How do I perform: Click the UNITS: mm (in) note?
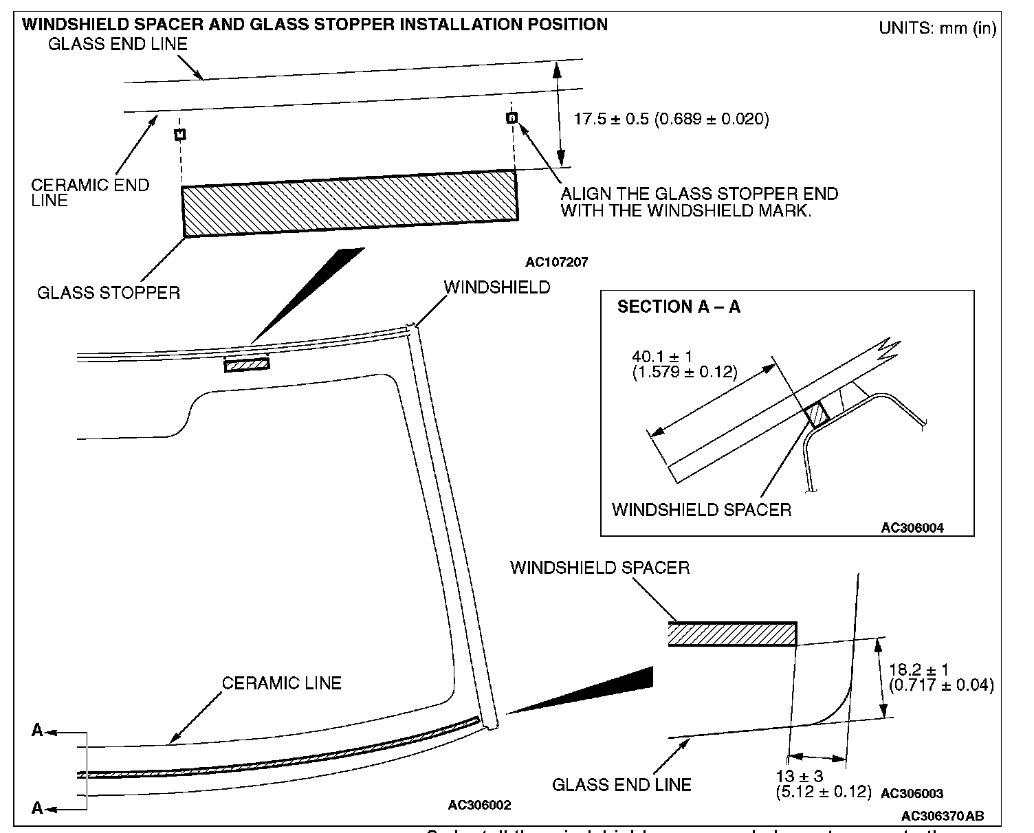point(937,29)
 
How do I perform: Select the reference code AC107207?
point(556,262)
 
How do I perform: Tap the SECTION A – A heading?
point(679,307)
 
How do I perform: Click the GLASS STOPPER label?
point(109,293)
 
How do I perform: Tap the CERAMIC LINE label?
point(281,683)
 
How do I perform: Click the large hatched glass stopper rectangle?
point(349,203)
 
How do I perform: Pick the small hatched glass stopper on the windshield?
point(247,364)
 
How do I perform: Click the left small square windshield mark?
point(179,134)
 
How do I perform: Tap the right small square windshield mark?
point(511,118)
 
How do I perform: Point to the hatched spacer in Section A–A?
point(817,414)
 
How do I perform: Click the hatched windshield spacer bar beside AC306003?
point(731,634)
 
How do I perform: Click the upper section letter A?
point(37,731)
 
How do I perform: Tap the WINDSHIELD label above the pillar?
point(497,287)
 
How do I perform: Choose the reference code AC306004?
point(912,528)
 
